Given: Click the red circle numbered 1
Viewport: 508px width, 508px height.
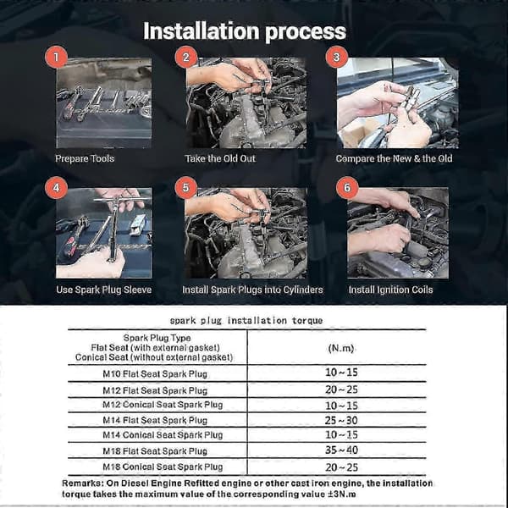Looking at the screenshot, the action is point(56,57).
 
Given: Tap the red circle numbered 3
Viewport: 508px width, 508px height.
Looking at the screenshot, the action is point(337,57).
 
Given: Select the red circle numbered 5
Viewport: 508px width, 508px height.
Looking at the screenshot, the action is point(185,187).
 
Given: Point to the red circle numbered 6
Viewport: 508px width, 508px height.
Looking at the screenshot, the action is point(347,187).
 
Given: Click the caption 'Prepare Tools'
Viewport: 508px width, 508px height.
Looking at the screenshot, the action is point(85,158).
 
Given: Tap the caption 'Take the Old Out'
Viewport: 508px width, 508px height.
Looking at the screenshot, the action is point(220,158).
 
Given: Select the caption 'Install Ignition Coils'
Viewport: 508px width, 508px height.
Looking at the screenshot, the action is point(390,290).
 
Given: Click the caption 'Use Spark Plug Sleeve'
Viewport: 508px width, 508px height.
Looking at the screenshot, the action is point(103,290).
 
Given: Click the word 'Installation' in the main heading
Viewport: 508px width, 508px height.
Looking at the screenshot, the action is point(202,31).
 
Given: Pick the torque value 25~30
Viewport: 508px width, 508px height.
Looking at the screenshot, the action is point(341,420).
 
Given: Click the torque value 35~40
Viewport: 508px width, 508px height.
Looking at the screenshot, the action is point(341,450).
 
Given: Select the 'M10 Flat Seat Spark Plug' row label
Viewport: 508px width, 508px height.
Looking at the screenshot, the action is point(155,374).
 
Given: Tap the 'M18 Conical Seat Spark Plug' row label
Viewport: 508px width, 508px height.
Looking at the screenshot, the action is point(163,467).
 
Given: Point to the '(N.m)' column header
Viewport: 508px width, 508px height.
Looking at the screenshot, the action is point(341,348).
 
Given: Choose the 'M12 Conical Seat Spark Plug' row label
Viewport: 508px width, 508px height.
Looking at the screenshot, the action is point(163,405).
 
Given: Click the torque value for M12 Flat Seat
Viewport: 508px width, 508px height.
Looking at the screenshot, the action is point(341,389).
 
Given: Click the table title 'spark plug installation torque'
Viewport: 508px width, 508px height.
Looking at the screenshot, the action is point(246,320).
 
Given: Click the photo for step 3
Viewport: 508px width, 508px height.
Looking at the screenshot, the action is point(398,103).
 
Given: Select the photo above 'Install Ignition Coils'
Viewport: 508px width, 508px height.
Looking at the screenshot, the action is point(398,233).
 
